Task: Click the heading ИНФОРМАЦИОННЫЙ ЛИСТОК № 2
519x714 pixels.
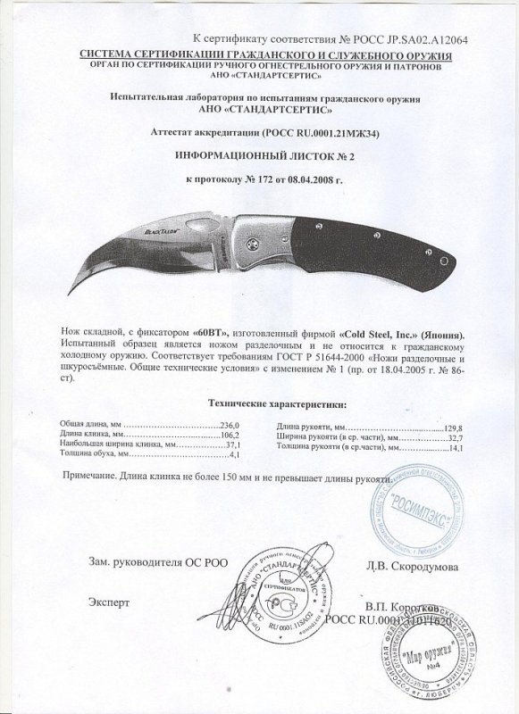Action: click(259, 154)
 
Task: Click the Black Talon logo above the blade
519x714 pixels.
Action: click(155, 230)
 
